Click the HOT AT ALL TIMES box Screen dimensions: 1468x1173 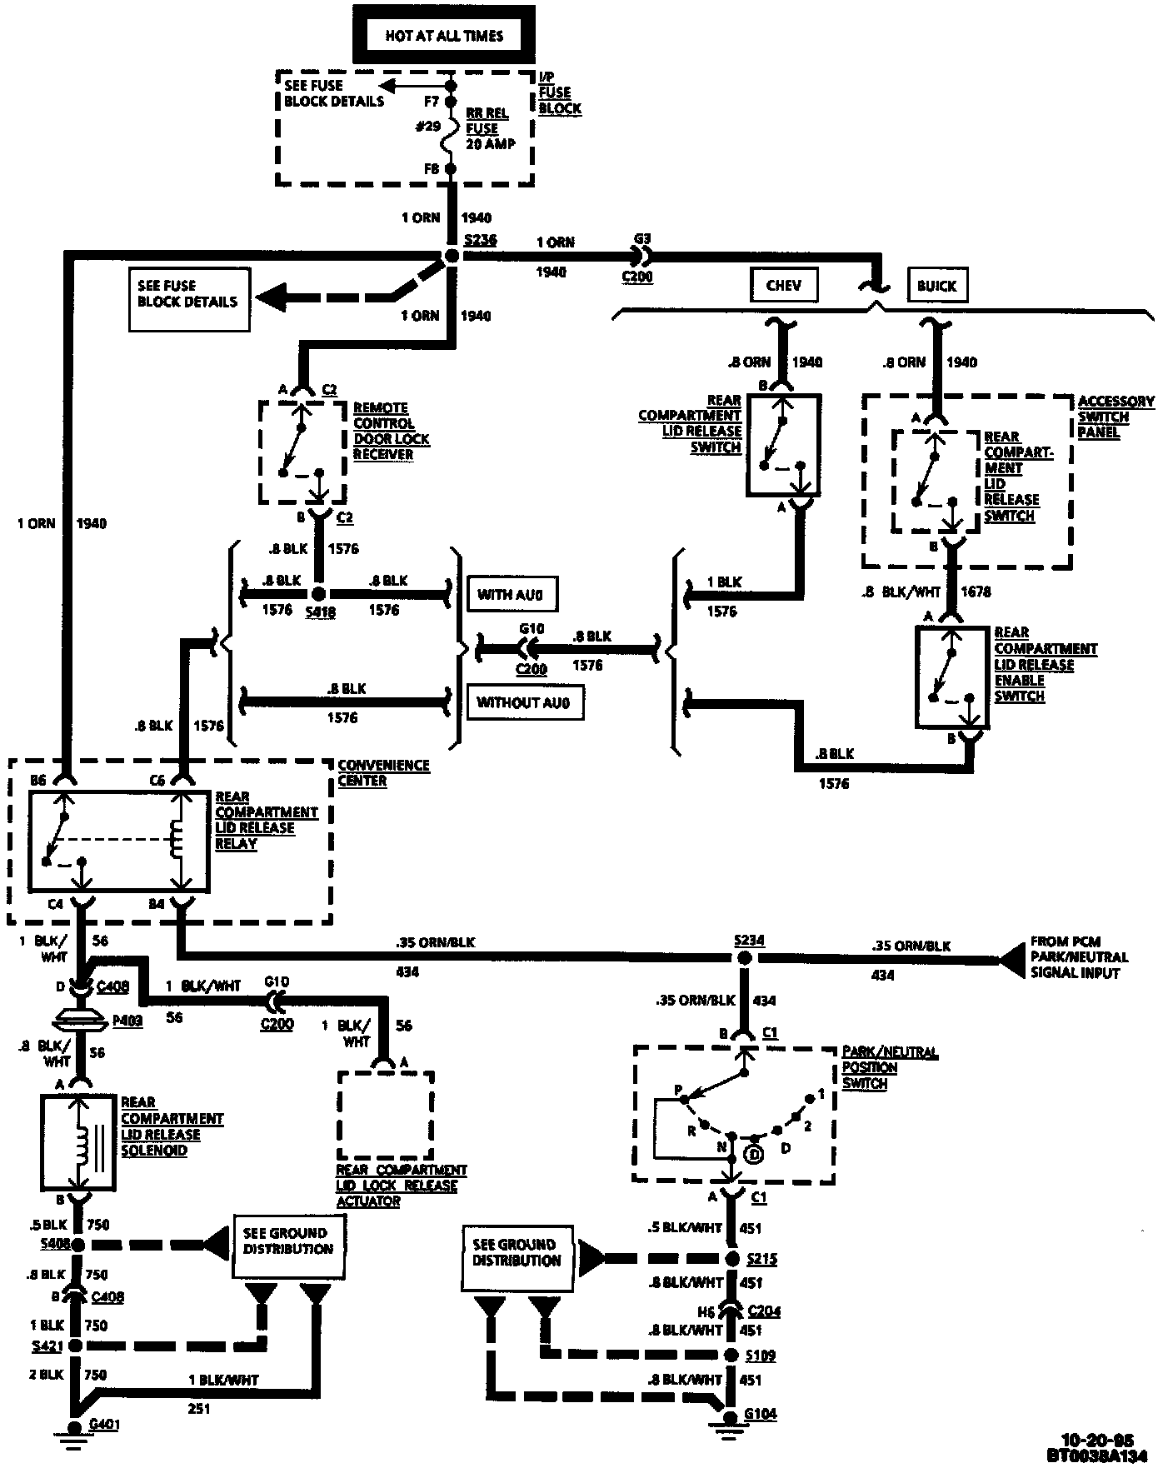(x=443, y=35)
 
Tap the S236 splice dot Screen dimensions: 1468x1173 (x=452, y=256)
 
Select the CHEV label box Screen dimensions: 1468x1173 (x=783, y=285)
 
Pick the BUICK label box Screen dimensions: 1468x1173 (x=936, y=285)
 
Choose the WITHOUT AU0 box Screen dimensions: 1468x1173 (x=525, y=702)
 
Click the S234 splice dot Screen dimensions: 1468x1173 (x=745, y=958)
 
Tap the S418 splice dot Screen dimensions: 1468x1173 (x=317, y=594)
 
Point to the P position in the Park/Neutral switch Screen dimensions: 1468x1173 (x=683, y=1100)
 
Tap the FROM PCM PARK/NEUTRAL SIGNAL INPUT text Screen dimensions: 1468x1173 (x=1080, y=957)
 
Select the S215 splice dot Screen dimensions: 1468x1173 (x=733, y=1259)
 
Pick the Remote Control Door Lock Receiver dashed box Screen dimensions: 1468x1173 (x=302, y=452)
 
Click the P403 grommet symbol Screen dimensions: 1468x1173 (x=81, y=1019)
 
